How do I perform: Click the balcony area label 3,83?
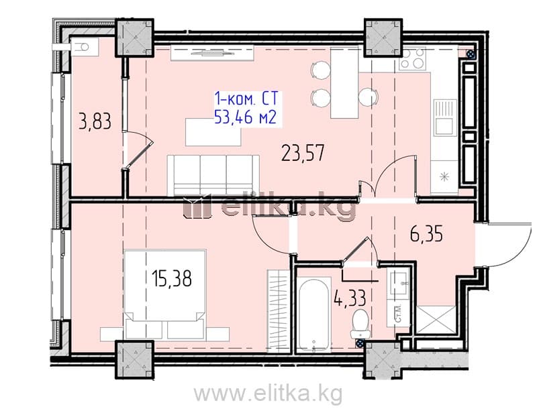95,121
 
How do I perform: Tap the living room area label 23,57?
303,153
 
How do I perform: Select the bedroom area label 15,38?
171,278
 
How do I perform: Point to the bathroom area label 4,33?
350,298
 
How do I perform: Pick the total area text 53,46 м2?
245,118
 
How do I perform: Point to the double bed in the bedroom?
165,294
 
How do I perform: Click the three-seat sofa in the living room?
213,176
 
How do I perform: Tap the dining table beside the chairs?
344,81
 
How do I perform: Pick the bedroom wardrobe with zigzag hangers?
278,311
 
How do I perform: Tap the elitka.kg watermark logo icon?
196,207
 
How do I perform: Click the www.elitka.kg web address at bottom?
268,394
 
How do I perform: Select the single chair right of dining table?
368,97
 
